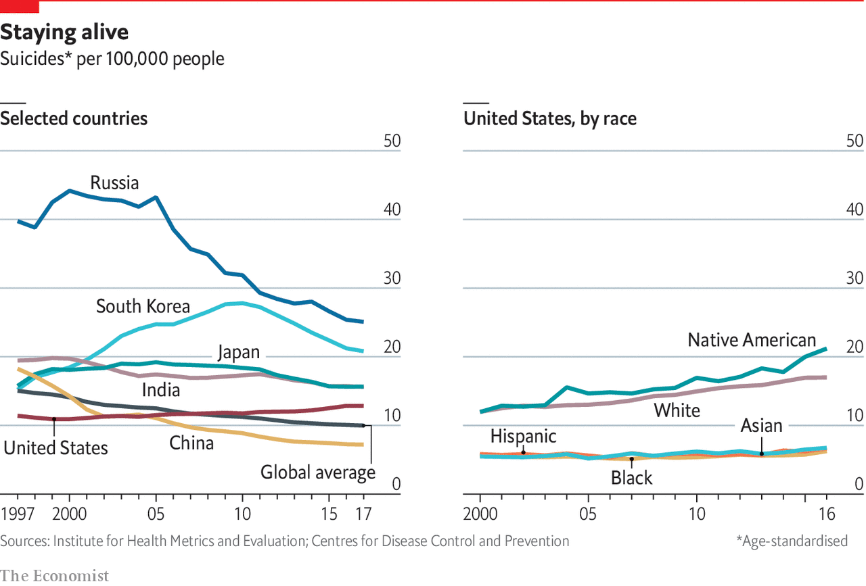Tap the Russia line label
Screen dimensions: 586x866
114,182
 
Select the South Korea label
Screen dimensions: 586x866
143,306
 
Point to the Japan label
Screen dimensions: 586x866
238,352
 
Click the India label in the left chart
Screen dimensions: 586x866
160,389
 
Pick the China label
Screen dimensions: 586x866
191,443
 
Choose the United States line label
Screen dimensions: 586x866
56,447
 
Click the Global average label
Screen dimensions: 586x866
318,472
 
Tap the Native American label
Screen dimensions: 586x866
752,339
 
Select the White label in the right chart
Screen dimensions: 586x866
677,410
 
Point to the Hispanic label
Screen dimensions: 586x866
523,436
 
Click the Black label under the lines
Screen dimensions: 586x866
631,478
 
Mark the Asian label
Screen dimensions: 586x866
761,425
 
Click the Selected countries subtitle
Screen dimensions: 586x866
74,118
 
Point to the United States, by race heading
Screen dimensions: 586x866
549,118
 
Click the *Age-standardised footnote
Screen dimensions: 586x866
792,541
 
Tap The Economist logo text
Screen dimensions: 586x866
54,575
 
